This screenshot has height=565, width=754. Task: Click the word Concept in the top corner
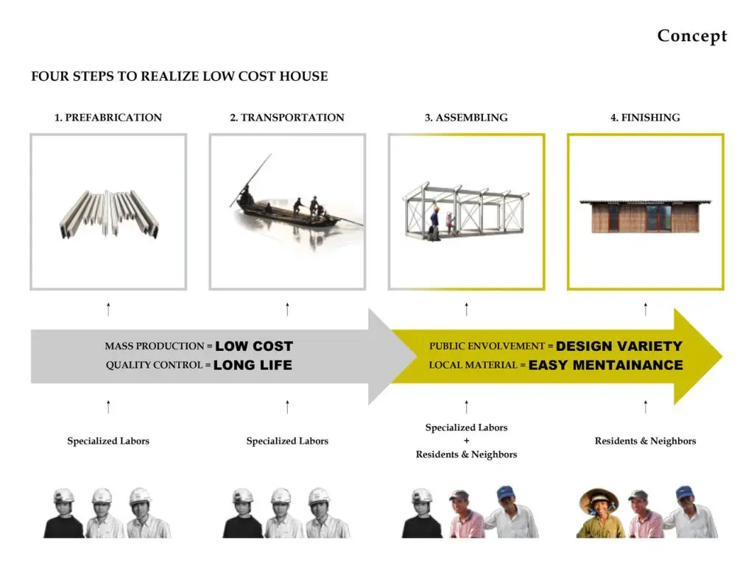click(x=692, y=36)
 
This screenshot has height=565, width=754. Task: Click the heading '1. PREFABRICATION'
click(x=108, y=118)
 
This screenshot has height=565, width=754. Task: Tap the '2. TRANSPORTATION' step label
click(x=287, y=118)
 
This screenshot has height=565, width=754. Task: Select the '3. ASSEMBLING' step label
click(x=466, y=118)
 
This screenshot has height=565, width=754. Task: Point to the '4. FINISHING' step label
click(x=645, y=118)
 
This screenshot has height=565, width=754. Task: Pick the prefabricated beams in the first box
click(x=109, y=213)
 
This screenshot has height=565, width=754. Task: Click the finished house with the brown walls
click(x=645, y=216)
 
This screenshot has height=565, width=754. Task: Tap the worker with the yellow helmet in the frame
click(x=434, y=224)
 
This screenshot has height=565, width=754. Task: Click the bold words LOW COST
click(x=254, y=347)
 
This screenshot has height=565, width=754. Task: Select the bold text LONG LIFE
click(x=253, y=365)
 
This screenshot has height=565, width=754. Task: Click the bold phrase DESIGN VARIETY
click(x=619, y=347)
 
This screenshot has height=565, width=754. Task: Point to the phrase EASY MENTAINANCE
click(x=605, y=365)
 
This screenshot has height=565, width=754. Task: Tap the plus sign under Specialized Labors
click(x=466, y=441)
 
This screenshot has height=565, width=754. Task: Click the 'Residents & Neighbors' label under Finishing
click(x=645, y=441)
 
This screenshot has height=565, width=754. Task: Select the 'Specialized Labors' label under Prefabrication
click(x=108, y=441)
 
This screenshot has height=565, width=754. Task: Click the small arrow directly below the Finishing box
click(x=645, y=310)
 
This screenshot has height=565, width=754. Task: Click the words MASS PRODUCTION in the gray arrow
click(x=155, y=347)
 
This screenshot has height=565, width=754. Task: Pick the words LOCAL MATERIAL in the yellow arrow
click(x=473, y=365)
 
